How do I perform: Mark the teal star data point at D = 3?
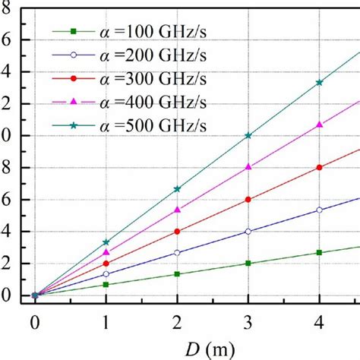click(248, 135)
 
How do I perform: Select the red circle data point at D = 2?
click(177, 232)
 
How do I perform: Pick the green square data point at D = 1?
click(106, 284)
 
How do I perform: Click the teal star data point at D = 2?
click(177, 188)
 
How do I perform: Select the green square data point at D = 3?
click(248, 264)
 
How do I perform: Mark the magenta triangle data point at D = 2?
click(177, 210)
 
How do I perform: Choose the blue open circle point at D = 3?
click(248, 232)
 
